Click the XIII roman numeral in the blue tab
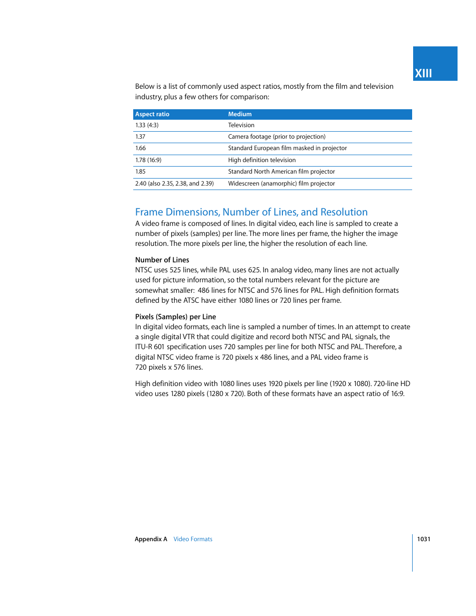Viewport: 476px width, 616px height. point(423,73)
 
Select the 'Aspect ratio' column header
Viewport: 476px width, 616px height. point(152,114)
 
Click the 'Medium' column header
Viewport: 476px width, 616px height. point(239,114)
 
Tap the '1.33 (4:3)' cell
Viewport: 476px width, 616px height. point(147,125)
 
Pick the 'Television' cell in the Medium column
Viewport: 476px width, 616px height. point(241,125)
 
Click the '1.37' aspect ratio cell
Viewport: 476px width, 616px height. point(140,137)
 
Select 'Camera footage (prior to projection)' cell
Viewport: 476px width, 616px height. point(276,137)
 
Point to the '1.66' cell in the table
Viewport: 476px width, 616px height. point(140,148)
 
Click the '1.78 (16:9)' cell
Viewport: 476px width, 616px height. point(148,160)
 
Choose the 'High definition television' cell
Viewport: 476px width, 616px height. point(261,160)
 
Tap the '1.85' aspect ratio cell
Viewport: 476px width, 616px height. point(140,172)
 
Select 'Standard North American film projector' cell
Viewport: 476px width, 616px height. point(281,172)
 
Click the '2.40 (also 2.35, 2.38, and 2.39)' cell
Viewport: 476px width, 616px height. point(174,184)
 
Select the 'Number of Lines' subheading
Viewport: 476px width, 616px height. point(162,260)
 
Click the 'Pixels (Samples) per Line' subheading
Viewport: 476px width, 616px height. point(176,317)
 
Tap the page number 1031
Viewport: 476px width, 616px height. point(424,539)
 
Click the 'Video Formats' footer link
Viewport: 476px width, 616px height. point(193,539)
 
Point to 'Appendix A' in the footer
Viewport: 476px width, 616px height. point(151,539)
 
